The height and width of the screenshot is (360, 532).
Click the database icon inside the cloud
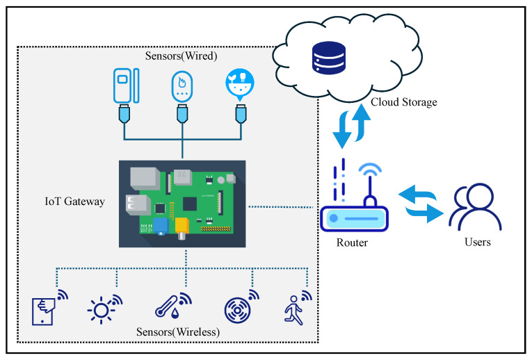click(x=329, y=58)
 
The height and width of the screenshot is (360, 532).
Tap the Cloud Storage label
click(x=404, y=102)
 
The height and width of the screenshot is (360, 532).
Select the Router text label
click(x=352, y=243)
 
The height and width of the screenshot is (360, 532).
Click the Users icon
click(x=475, y=207)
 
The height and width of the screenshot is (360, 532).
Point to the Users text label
click(x=477, y=242)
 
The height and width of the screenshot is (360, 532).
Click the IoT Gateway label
click(x=74, y=202)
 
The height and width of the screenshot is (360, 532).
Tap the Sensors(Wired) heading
click(x=182, y=56)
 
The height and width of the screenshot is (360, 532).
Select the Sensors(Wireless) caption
click(x=178, y=332)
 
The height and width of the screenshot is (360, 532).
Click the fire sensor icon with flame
click(x=182, y=86)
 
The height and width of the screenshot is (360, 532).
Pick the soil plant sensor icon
click(x=240, y=85)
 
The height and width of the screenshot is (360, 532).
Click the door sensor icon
click(x=126, y=85)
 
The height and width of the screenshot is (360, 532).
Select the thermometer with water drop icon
click(x=173, y=306)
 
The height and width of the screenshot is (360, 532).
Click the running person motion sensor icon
click(x=298, y=307)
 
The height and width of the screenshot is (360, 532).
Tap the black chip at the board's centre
click(x=190, y=204)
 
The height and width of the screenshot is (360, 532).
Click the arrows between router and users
click(x=421, y=204)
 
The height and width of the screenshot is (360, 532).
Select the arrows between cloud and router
click(x=351, y=126)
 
